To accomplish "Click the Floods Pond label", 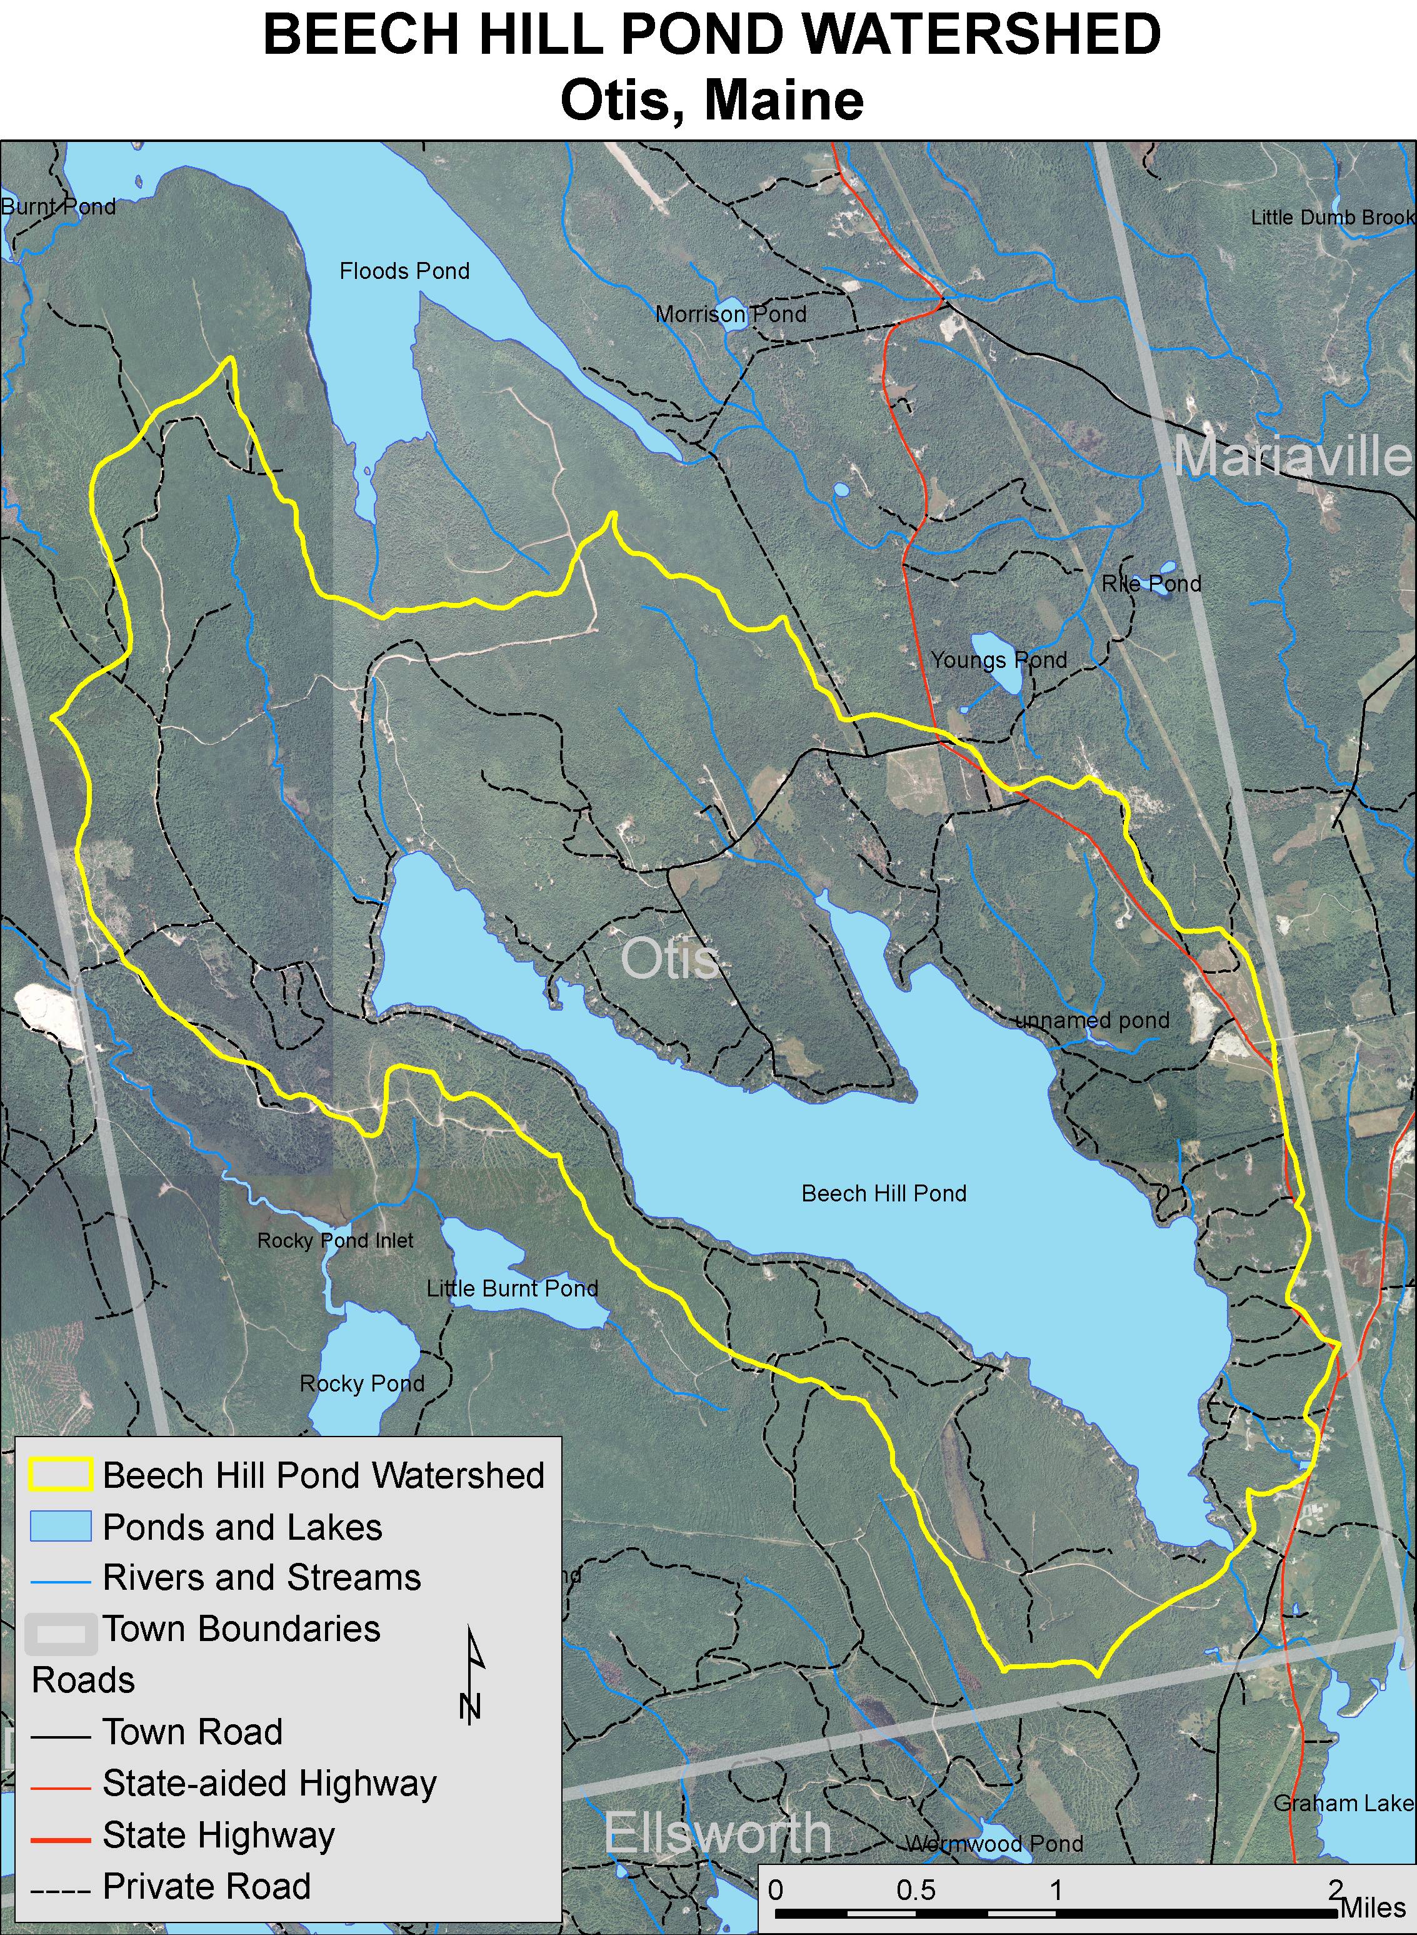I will pos(404,271).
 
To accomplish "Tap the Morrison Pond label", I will pos(731,314).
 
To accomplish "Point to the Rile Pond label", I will pos(1151,584).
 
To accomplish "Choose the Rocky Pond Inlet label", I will pos(336,1240).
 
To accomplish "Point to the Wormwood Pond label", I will pos(994,1843).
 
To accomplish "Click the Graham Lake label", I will pos(1343,1803).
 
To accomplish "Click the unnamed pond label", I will pos(1092,1020).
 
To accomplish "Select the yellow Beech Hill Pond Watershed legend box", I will pos(60,1475).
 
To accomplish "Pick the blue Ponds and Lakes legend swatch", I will pos(60,1527).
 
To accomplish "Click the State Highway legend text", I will pos(219,1836).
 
